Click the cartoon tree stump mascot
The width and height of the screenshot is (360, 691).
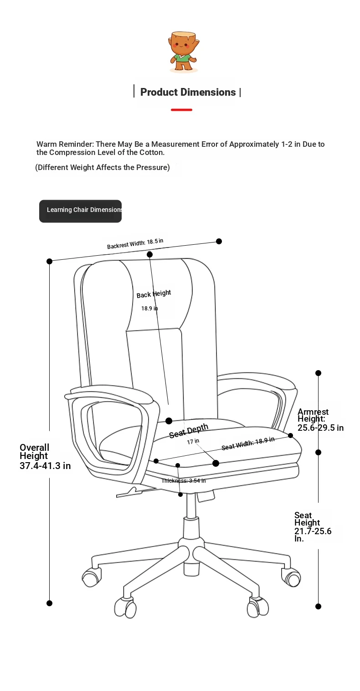click(x=183, y=52)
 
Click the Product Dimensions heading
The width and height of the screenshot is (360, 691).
click(x=188, y=92)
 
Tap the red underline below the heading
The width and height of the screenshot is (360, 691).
click(x=182, y=109)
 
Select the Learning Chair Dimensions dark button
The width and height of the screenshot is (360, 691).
click(x=80, y=211)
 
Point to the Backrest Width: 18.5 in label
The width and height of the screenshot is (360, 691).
click(x=135, y=244)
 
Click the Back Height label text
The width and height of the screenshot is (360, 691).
click(x=154, y=294)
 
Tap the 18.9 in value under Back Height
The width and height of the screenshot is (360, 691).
click(x=149, y=308)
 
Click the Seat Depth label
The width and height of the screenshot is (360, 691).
click(x=189, y=431)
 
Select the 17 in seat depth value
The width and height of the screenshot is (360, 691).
click(x=193, y=441)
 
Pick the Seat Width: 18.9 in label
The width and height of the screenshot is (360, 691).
click(x=248, y=443)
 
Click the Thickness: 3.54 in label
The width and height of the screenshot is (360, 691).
click(x=184, y=480)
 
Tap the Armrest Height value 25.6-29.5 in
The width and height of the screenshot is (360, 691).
click(x=320, y=428)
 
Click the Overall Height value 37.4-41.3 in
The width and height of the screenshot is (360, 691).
click(x=46, y=465)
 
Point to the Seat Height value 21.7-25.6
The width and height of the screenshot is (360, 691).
click(x=313, y=531)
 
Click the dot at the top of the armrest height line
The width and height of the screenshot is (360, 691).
click(x=319, y=373)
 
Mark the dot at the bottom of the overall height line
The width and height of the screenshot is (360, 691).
click(x=49, y=603)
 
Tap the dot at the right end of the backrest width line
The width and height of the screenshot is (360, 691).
click(x=219, y=241)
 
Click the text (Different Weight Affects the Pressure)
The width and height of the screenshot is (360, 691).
click(x=103, y=167)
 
